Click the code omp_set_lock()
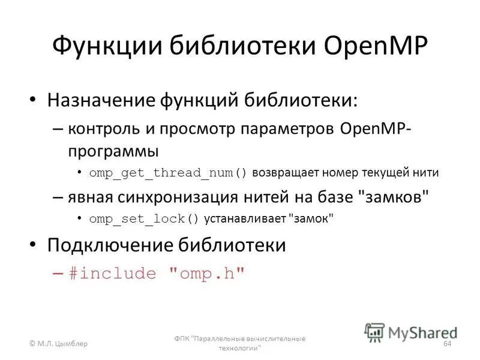click(x=144, y=219)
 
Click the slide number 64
click(x=447, y=344)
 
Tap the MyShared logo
click(x=411, y=332)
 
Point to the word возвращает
click(x=286, y=173)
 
